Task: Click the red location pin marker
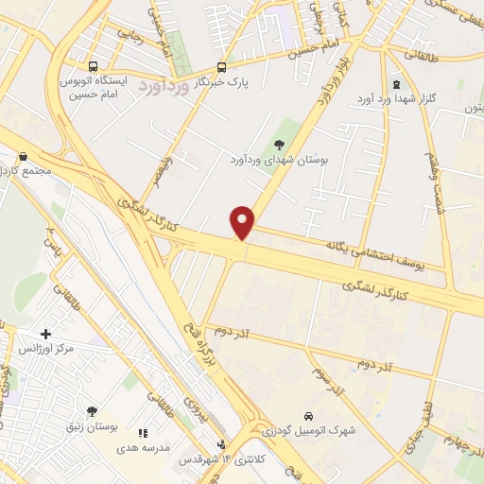click(x=243, y=222)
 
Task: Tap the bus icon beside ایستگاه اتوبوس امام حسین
click(x=93, y=66)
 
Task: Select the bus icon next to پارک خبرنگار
click(x=221, y=67)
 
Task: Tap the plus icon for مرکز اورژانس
click(x=46, y=334)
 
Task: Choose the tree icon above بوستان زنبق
click(x=92, y=410)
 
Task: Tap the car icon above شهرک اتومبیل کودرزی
click(x=309, y=415)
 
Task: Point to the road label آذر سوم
click(x=328, y=377)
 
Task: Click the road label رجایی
click(x=131, y=37)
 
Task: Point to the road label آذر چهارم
click(x=460, y=442)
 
